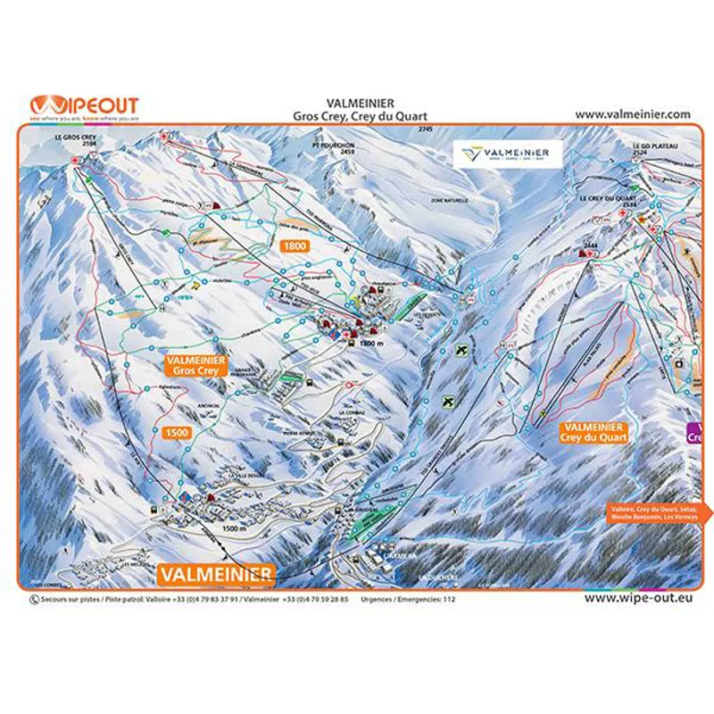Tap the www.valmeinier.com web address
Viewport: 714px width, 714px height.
coord(633,114)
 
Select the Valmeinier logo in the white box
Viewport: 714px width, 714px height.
coord(505,154)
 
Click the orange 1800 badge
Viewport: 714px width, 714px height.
coord(295,245)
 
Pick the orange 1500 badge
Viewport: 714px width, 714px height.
coord(177,432)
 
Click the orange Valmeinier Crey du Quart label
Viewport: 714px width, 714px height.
coord(594,433)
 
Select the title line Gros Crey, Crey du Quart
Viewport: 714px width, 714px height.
coord(360,116)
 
